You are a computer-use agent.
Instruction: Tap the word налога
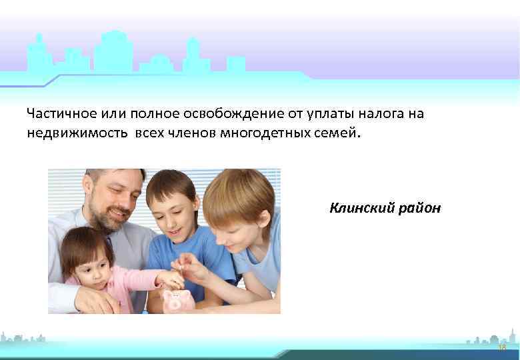(x=375, y=114)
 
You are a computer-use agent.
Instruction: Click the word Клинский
(x=361, y=209)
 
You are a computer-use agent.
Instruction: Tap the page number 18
(x=501, y=348)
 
